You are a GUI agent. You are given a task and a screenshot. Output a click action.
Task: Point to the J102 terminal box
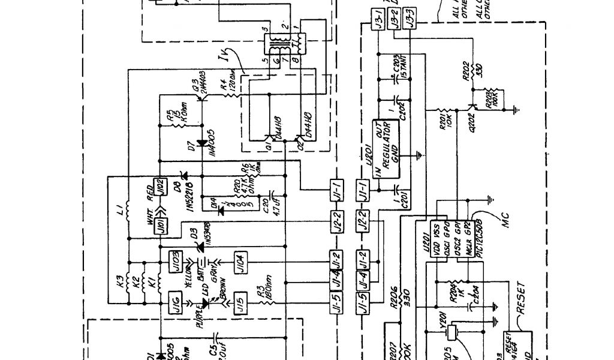159,187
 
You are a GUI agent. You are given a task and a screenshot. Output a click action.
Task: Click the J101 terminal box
160,227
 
